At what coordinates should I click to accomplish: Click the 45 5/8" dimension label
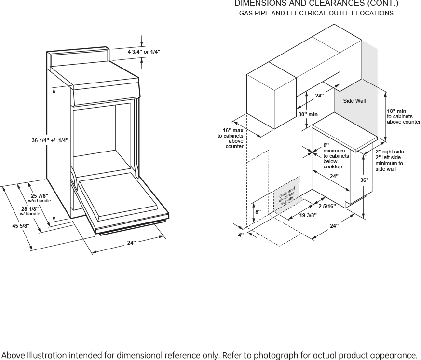click(21, 226)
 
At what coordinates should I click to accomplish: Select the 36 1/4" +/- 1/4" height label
click(50, 140)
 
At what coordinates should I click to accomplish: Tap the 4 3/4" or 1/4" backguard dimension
click(144, 51)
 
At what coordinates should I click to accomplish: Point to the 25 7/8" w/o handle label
click(40, 198)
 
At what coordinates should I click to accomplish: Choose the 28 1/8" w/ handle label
click(30, 211)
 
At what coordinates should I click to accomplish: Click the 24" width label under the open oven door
click(131, 243)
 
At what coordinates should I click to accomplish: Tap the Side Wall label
click(354, 101)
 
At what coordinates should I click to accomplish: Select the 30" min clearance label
click(308, 114)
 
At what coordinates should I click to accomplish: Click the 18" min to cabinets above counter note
click(403, 117)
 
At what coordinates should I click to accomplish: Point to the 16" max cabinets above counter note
click(232, 138)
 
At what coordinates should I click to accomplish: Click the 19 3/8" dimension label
click(308, 215)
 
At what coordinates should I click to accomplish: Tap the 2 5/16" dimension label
click(326, 206)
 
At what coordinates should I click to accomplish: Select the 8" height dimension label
click(258, 212)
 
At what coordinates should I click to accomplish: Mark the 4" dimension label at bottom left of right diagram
click(241, 235)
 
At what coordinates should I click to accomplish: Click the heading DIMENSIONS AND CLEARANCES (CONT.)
click(316, 4)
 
